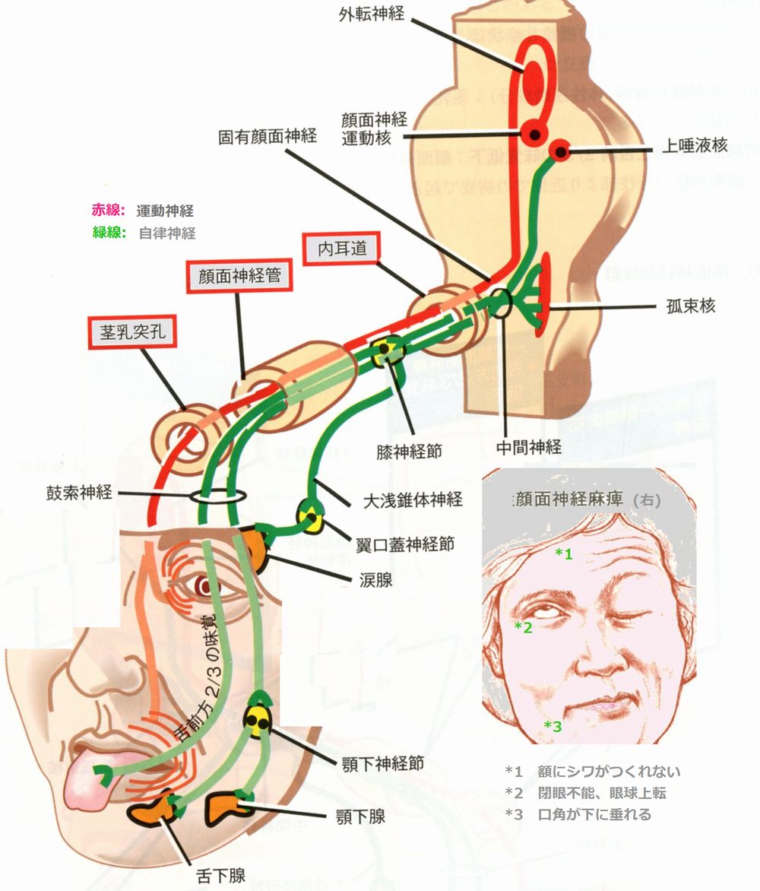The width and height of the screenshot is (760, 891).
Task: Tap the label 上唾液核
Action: click(x=695, y=146)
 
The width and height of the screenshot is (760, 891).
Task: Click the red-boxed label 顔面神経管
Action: click(x=239, y=275)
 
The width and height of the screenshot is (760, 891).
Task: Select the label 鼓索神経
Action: click(x=78, y=493)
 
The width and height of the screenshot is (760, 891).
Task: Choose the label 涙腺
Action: click(x=376, y=581)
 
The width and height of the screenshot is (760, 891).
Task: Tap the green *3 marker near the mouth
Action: click(x=553, y=727)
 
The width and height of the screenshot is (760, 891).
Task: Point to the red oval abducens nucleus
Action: click(x=534, y=75)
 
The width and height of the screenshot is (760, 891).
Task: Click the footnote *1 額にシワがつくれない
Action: click(x=593, y=772)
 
